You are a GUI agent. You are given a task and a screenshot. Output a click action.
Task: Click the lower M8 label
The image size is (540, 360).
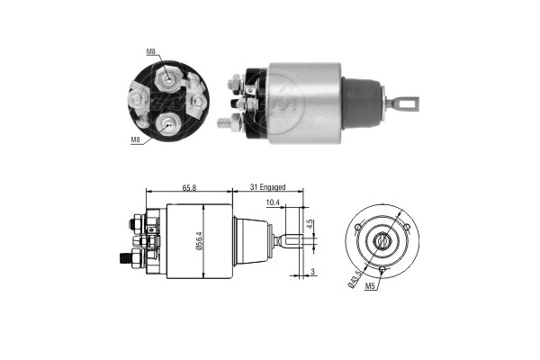click(134, 139)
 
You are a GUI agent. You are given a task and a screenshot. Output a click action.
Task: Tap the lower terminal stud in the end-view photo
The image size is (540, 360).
click(167, 123)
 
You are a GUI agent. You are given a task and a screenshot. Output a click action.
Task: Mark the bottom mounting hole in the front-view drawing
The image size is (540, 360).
click(382, 268)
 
